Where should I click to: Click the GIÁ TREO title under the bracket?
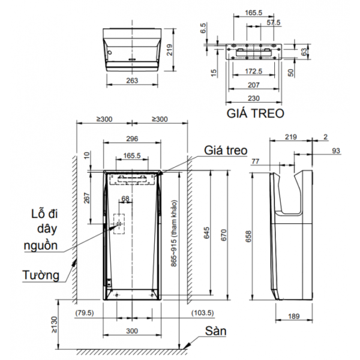tap(256, 113)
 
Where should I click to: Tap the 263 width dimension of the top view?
tap(132, 80)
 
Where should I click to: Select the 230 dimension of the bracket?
tap(254, 98)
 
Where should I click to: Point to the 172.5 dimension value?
tap(253, 71)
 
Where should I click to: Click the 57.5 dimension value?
tap(274, 23)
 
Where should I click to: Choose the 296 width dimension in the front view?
tap(132, 139)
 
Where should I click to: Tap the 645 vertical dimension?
tap(206, 233)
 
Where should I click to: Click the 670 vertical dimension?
tap(224, 235)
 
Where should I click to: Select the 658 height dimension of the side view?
tap(248, 236)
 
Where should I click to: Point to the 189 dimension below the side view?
tap(294, 316)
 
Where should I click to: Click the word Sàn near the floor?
tap(215, 331)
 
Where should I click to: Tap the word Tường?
tap(41, 275)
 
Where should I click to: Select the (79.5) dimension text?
tap(85, 313)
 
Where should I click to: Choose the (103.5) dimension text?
tap(203, 313)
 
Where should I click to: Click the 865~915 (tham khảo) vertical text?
tap(174, 233)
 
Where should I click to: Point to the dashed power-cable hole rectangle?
tap(119, 224)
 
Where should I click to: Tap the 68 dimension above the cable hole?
tap(125, 199)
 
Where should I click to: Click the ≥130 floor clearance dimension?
tap(54, 325)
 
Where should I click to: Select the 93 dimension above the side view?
tap(336, 151)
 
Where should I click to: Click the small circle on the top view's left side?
tap(110, 53)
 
